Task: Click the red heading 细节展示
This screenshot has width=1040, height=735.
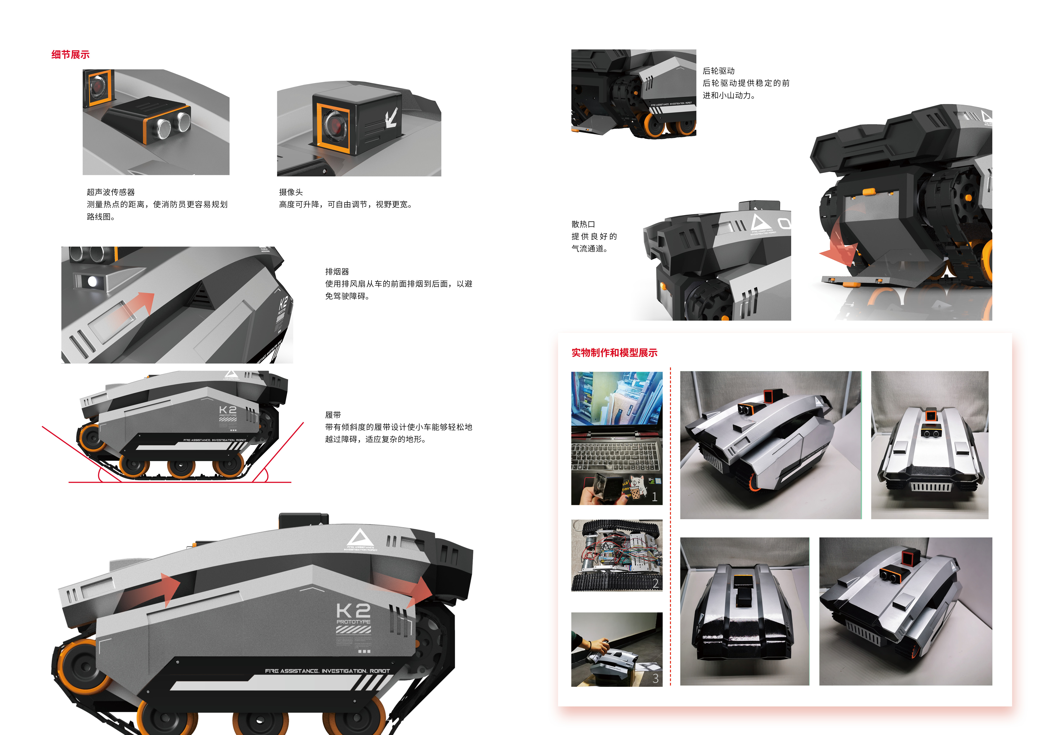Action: tap(70, 55)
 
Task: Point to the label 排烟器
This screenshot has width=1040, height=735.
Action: tap(337, 272)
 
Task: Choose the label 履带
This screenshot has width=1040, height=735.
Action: tap(333, 415)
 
